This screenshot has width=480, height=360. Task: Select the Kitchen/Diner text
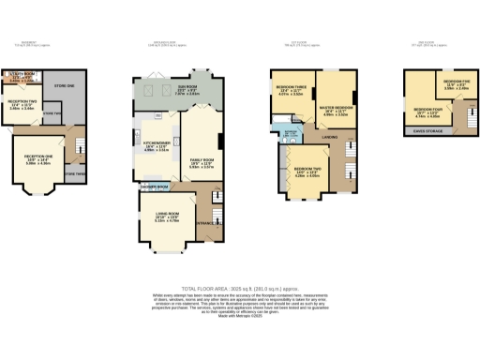(155, 142)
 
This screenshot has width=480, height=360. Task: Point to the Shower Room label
(155, 187)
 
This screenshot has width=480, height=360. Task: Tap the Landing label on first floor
(329, 138)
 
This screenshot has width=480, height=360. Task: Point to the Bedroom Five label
(457, 82)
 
